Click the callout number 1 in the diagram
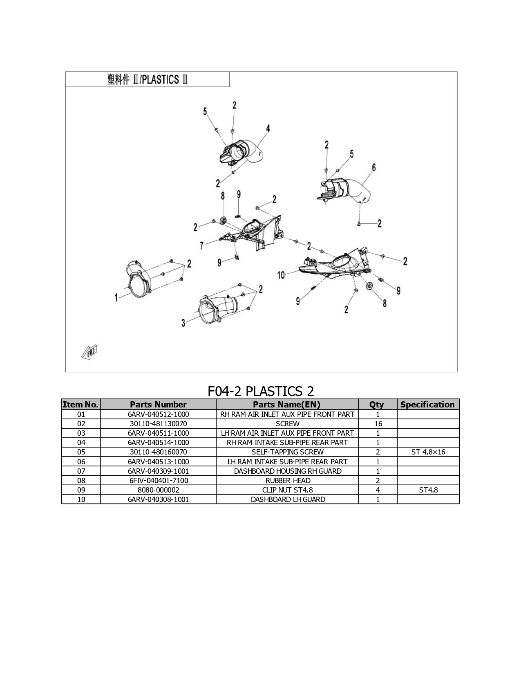point(116,297)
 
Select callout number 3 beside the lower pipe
point(183,323)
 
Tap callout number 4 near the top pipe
point(268,128)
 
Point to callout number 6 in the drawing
point(374,167)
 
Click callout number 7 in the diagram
point(202,246)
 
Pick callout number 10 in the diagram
point(281,275)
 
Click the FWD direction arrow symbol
point(89,352)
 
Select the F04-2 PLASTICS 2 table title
point(261,391)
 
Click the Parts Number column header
point(158,405)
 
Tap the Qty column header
point(376,405)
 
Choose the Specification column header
point(427,405)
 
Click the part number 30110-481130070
point(158,424)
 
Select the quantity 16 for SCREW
point(378,424)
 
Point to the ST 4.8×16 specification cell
point(428,452)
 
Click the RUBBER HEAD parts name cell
point(288,481)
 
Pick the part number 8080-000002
point(158,490)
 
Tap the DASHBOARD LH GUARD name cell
point(288,499)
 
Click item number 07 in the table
point(81,471)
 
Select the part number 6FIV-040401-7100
point(159,481)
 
